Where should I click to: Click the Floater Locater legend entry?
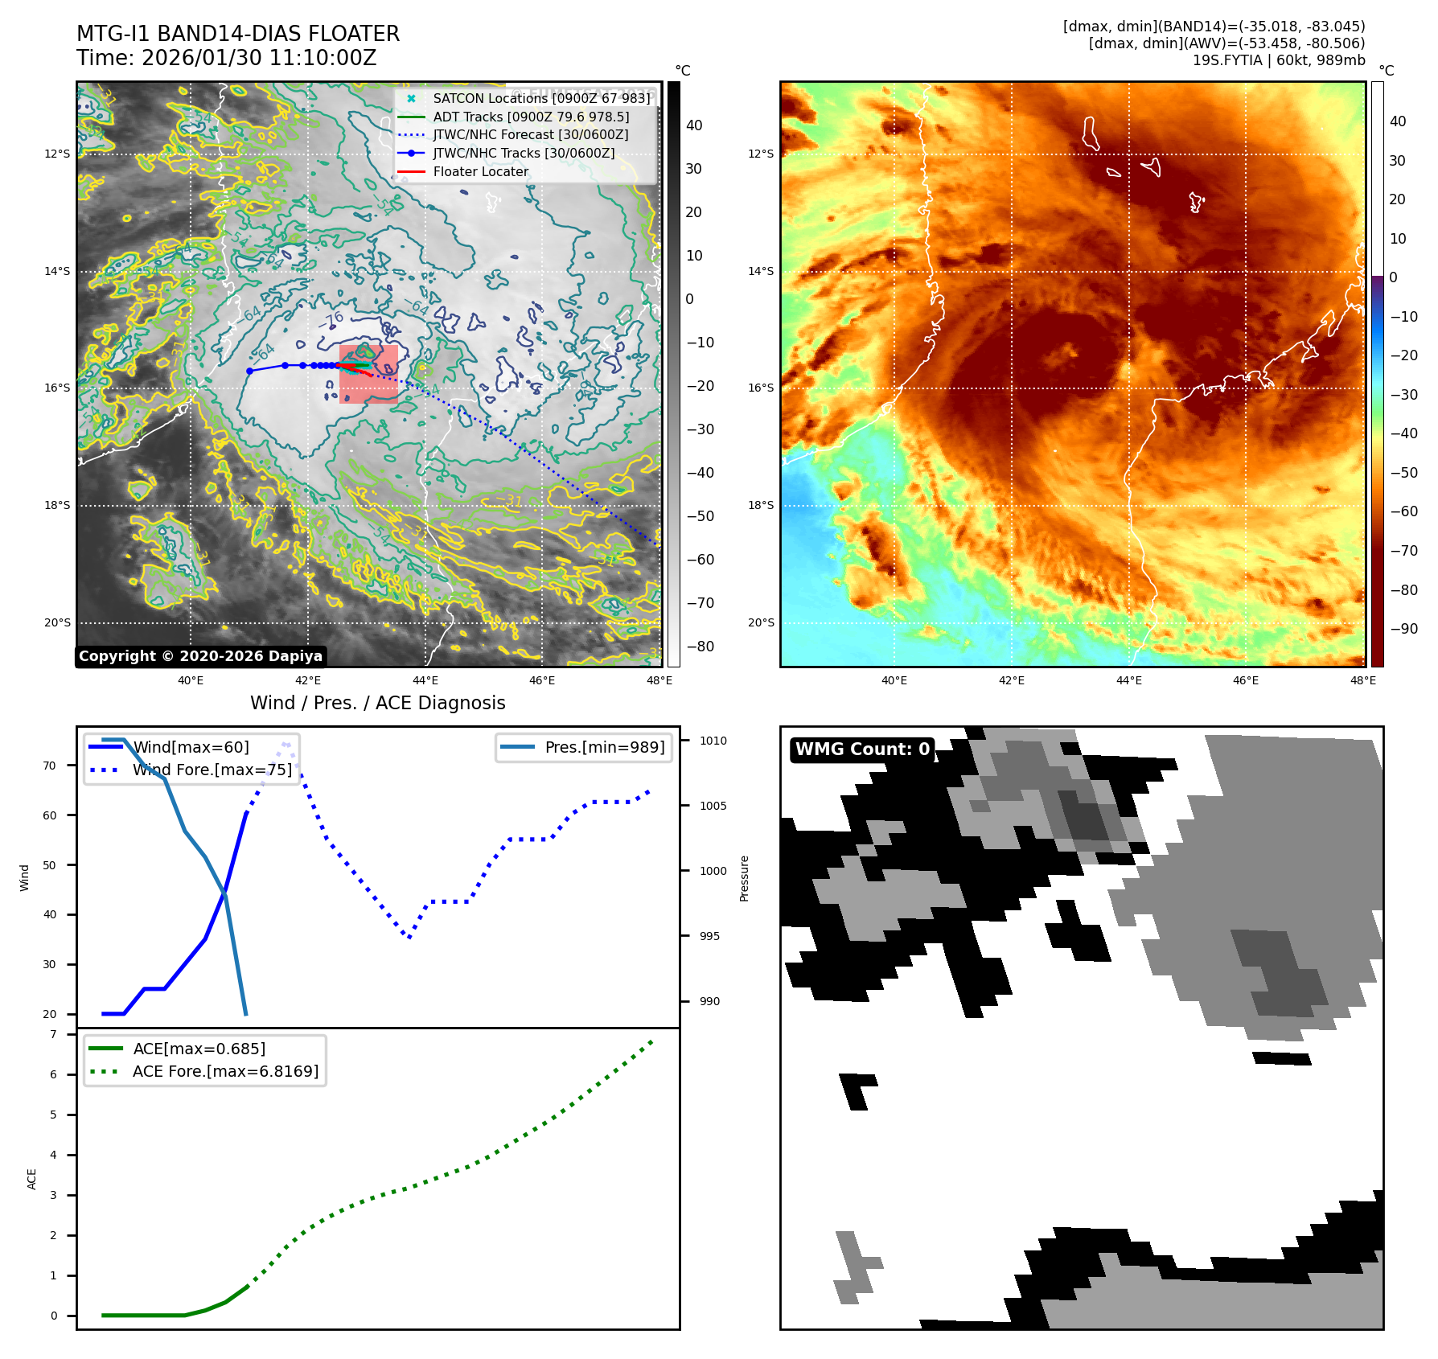[480, 171]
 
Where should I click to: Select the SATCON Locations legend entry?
[540, 98]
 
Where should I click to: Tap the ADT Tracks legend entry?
[530, 117]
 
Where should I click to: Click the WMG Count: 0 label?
[862, 749]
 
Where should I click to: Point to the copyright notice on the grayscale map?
[200, 656]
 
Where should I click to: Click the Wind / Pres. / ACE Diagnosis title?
[377, 703]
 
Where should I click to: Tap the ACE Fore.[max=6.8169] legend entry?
[225, 1071]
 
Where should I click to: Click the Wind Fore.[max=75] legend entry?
[212, 770]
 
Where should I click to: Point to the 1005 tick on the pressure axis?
[713, 806]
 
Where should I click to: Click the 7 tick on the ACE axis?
[53, 1034]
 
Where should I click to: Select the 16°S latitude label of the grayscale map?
[57, 388]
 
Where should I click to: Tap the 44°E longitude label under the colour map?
[1128, 680]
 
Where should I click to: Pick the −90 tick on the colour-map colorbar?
[1403, 629]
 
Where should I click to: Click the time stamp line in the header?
[226, 58]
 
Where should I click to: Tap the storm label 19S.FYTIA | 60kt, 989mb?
[1278, 60]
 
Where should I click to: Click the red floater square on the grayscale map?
[368, 375]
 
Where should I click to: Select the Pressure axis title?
[744, 878]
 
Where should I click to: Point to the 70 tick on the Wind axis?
[50, 766]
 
